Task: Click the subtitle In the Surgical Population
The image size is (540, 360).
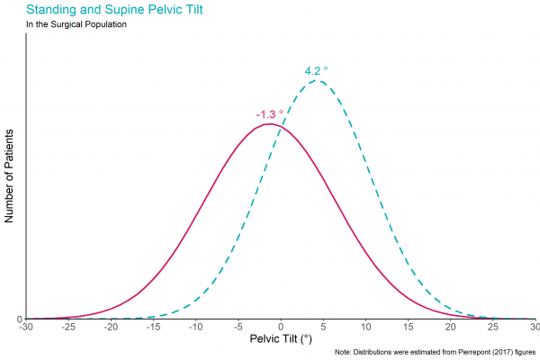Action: coord(76,24)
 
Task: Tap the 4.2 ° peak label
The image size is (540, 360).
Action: coord(317,70)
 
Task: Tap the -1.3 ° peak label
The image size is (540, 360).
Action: coord(269,114)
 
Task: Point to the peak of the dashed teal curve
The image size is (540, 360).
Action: coord(317,81)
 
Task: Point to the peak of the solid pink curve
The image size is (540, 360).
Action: coord(270,123)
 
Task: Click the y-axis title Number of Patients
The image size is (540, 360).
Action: coord(10,175)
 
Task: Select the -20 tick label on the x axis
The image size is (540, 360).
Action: coord(111,328)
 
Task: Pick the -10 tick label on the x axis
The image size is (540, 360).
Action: coord(195,328)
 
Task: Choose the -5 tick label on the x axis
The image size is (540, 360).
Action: coord(238,328)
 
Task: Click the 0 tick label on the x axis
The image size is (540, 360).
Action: coord(281,328)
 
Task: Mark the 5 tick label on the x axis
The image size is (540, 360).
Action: coord(323,328)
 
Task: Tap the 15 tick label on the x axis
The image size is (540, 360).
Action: coord(408,328)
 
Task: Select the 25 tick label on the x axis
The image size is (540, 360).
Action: coord(492,328)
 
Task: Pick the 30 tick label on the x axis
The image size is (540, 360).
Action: coord(534,328)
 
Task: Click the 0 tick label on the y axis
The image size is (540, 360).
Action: coord(20,319)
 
